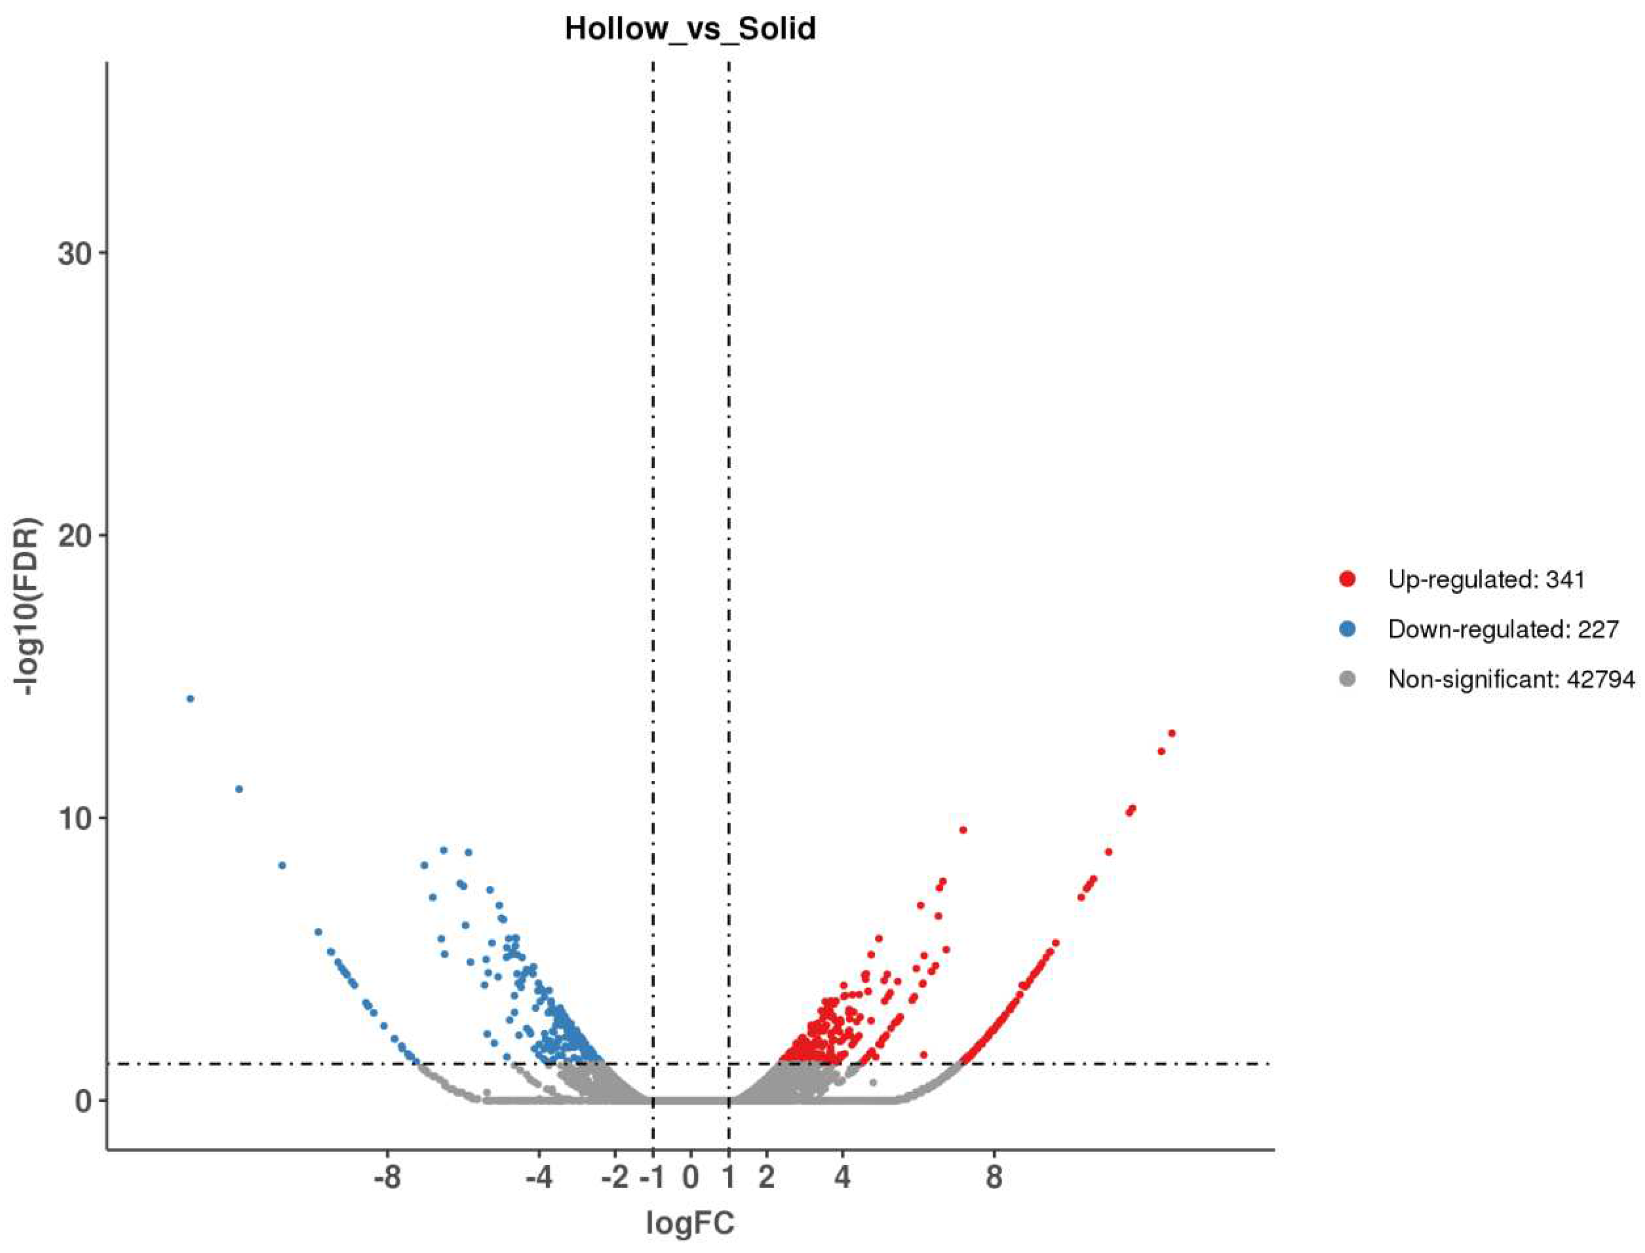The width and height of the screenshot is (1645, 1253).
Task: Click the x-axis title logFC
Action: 690,1223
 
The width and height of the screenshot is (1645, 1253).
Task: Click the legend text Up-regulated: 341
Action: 1486,579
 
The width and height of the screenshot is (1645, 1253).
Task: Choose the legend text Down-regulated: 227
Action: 1503,629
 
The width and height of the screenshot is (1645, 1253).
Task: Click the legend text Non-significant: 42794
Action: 1511,679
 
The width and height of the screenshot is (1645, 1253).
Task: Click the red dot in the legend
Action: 1347,579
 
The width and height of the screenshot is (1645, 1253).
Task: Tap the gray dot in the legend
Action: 1347,679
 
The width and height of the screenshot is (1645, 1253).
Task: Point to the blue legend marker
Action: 1347,629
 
